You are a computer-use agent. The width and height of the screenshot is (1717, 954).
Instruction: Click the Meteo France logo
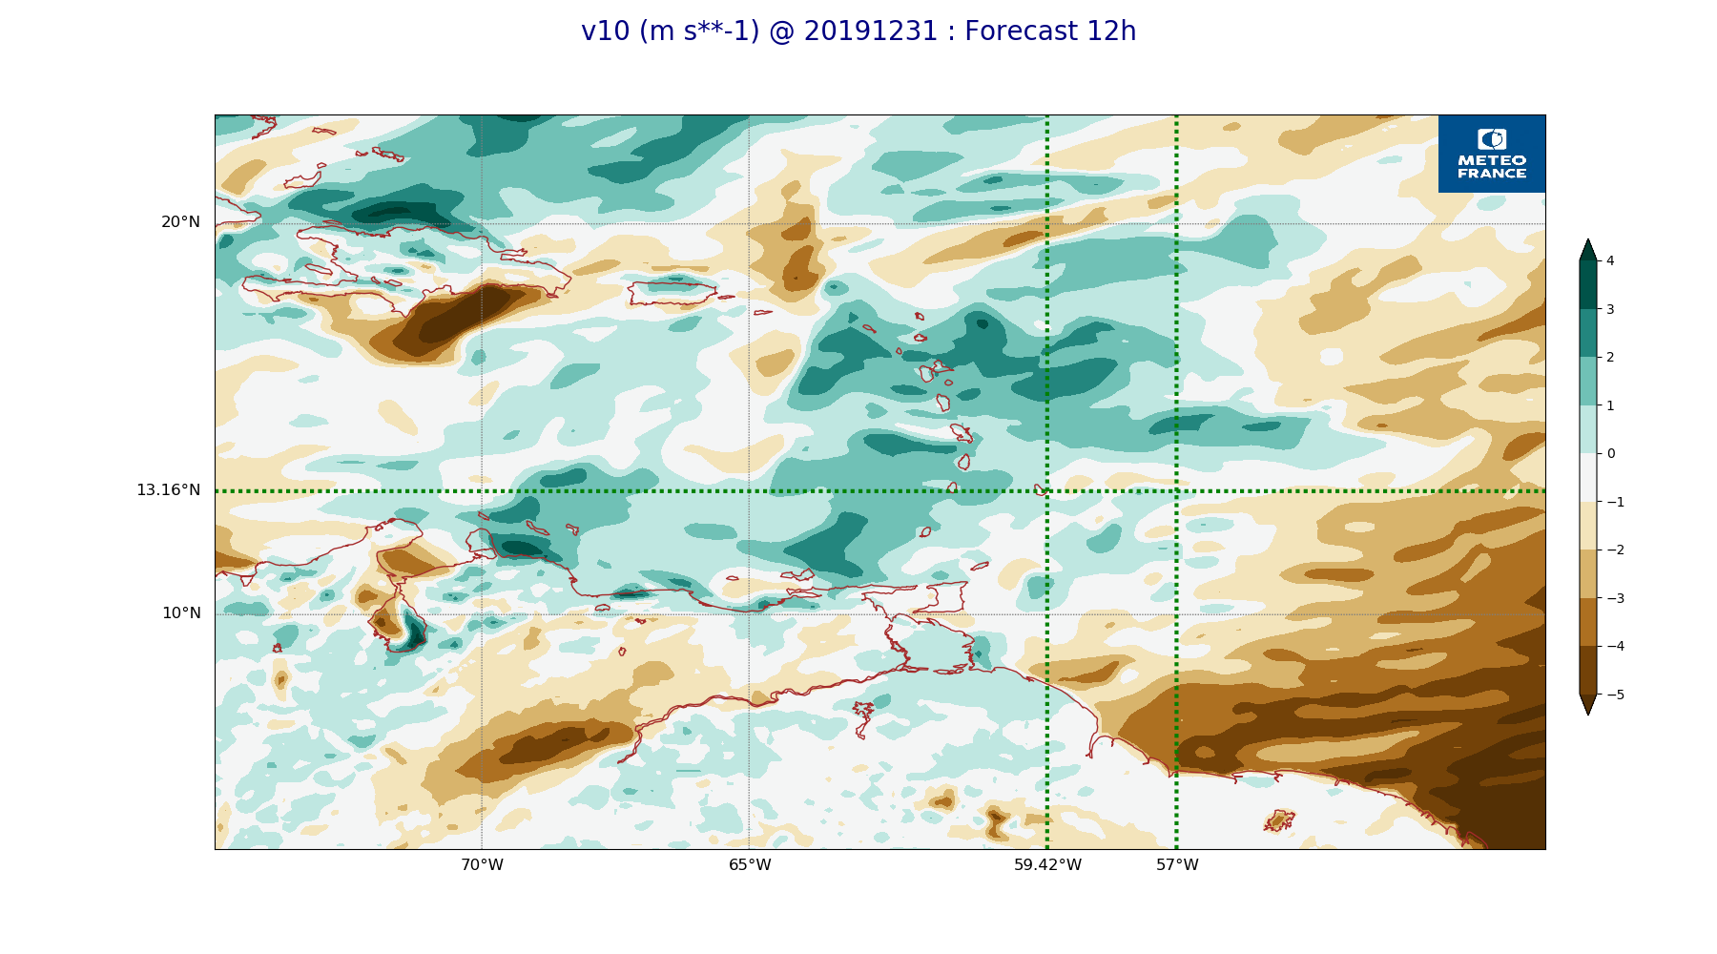[x=1491, y=154]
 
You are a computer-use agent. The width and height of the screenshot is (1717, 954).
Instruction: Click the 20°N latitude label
[x=180, y=222]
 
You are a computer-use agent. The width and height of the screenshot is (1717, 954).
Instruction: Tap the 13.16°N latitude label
[x=168, y=490]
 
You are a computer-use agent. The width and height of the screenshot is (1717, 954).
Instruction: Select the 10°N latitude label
[x=181, y=613]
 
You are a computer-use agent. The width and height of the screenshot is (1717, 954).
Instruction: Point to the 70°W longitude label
[x=482, y=865]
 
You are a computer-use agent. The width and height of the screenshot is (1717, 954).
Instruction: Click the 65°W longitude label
[x=750, y=865]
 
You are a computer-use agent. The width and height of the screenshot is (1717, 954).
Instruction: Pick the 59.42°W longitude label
[x=1047, y=865]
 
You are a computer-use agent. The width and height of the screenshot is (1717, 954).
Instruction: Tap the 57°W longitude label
[x=1177, y=865]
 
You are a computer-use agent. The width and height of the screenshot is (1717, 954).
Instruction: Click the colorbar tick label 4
[x=1610, y=260]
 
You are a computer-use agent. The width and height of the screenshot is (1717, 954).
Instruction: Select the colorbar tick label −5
[x=1615, y=695]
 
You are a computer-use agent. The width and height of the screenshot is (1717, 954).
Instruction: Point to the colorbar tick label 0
[x=1611, y=453]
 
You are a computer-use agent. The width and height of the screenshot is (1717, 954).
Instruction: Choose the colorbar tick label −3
[x=1615, y=598]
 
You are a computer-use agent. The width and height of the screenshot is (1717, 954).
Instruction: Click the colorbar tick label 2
[x=1610, y=357]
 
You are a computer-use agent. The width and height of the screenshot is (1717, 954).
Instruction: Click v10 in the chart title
[x=606, y=31]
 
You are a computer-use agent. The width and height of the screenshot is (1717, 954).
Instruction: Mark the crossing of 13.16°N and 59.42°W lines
[x=1047, y=491]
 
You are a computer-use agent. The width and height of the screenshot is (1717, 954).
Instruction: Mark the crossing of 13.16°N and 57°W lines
[x=1176, y=491]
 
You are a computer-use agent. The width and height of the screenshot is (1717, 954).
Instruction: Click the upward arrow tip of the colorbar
[x=1587, y=241]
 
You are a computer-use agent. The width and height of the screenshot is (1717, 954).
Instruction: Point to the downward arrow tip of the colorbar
[x=1587, y=713]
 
